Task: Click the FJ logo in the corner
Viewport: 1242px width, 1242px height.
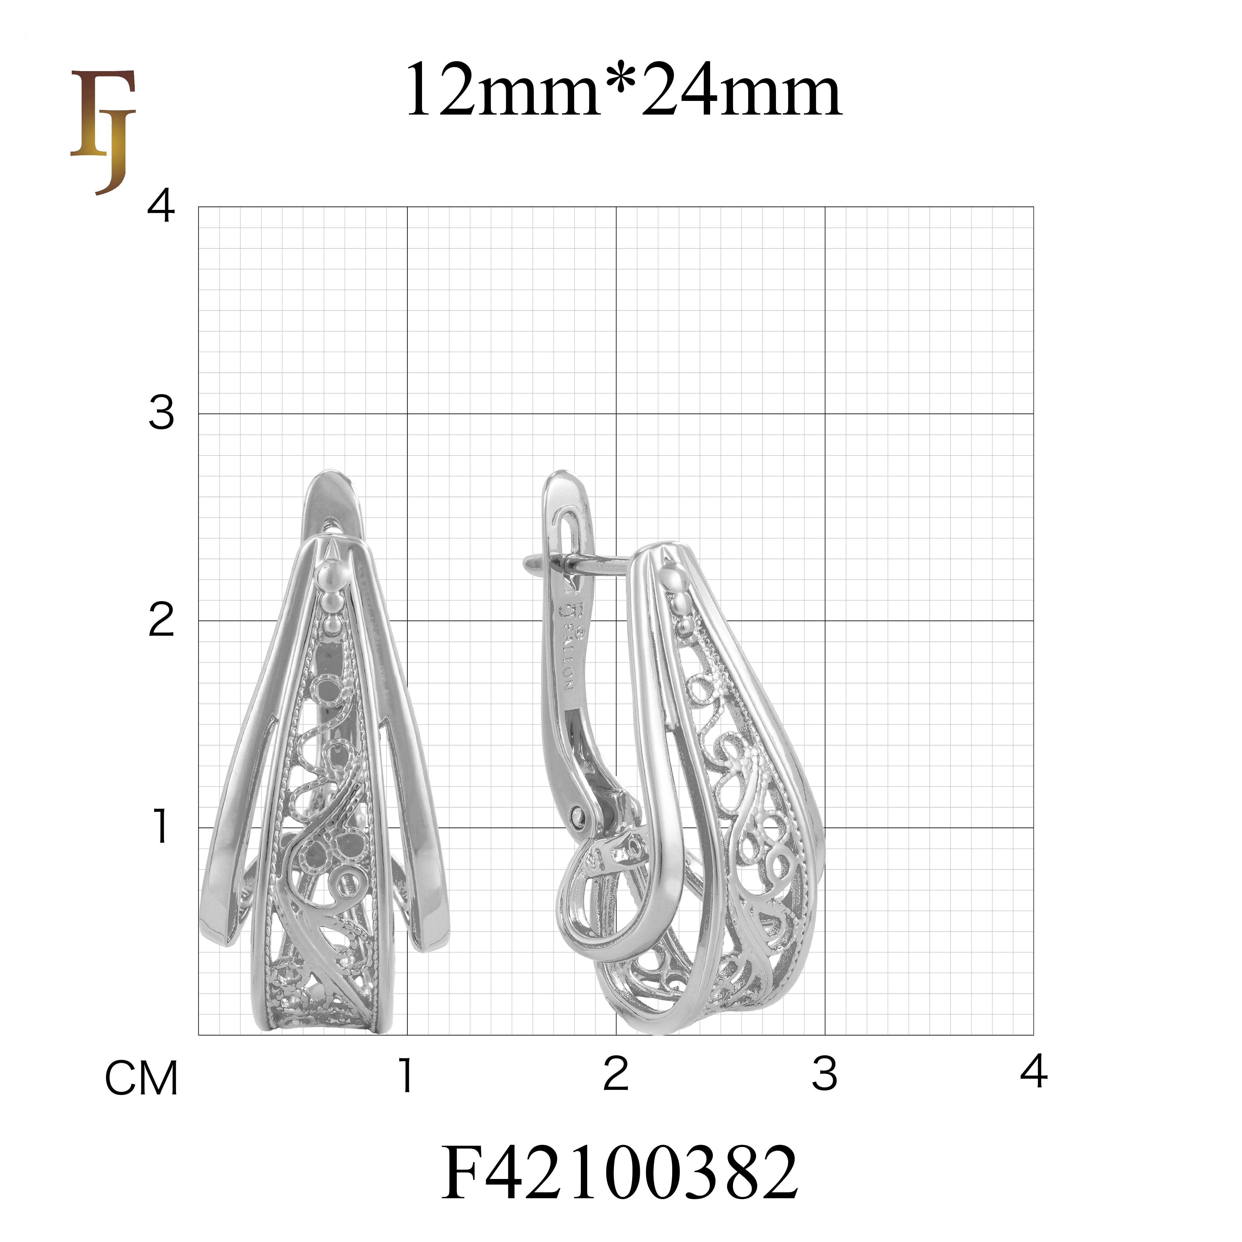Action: pos(103,132)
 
